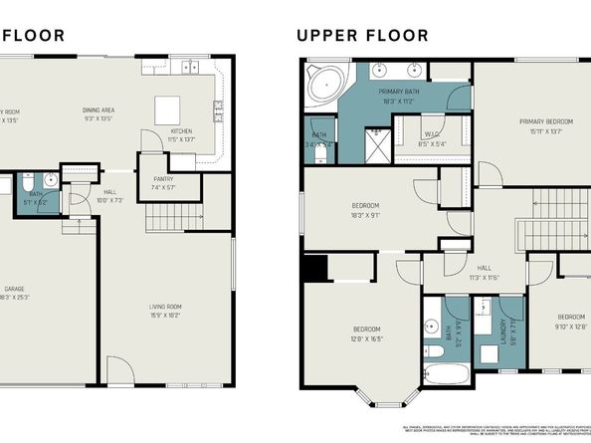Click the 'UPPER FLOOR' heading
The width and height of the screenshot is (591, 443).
pyautogui.click(x=362, y=36)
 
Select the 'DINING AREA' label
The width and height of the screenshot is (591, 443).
pyautogui.click(x=100, y=110)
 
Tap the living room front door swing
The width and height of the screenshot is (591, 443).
pyautogui.click(x=119, y=375)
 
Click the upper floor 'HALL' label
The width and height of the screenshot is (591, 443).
pyautogui.click(x=485, y=268)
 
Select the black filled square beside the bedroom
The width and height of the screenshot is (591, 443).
pyautogui.click(x=314, y=268)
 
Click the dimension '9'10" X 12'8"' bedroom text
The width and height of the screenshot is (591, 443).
pyautogui.click(x=570, y=323)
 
